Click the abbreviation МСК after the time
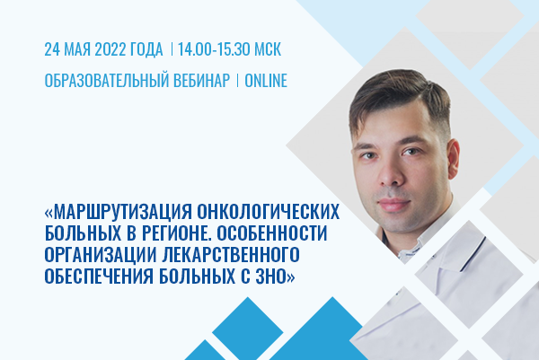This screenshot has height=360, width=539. tap(268, 49)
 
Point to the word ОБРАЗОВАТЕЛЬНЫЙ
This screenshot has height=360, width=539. tap(106, 81)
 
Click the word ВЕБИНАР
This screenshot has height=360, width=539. tap(201, 81)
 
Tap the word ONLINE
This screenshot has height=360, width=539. tap(266, 81)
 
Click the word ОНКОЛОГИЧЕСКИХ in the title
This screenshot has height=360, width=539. tap(268, 212)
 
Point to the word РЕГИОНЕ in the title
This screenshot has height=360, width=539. tap(172, 233)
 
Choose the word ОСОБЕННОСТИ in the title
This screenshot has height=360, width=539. tap(272, 233)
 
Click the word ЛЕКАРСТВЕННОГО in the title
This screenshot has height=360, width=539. tap(231, 254)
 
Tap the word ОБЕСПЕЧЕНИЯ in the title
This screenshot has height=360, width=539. tap(99, 276)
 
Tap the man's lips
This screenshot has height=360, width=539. tap(395, 204)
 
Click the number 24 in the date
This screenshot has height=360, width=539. tap(52, 49)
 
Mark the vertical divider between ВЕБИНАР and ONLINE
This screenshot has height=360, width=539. tap(237, 81)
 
